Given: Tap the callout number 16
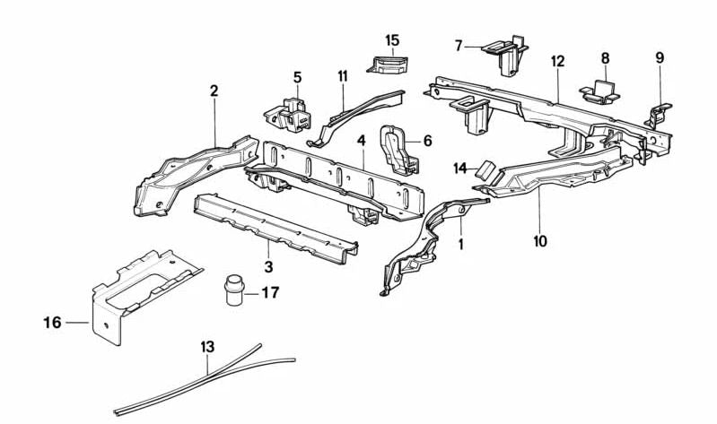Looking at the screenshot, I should (x=54, y=322).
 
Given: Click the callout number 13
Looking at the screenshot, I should (x=208, y=345).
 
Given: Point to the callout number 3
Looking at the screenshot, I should (x=268, y=265).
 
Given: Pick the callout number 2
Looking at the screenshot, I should (x=214, y=91).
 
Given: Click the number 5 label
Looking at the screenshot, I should (x=297, y=77).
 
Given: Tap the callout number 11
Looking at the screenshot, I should (x=342, y=76).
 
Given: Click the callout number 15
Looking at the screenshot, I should (x=392, y=40).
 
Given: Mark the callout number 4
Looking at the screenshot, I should (x=361, y=141).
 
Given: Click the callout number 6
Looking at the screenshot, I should (x=427, y=141).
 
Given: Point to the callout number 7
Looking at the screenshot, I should (x=459, y=45).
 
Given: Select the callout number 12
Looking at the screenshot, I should (x=557, y=61).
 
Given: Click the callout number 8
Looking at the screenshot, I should (x=605, y=57).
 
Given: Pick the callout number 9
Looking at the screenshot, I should (x=660, y=57).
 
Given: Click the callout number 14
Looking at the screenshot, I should (x=460, y=167).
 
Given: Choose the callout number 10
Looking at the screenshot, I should (x=538, y=241).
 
